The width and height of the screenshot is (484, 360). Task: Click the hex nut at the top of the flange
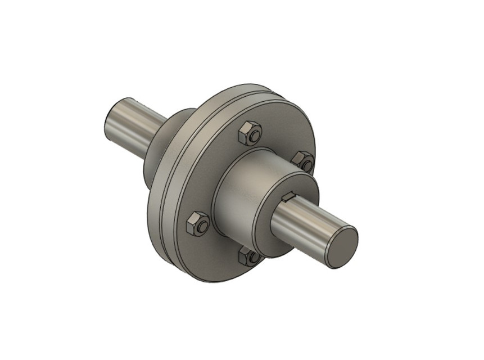(x=248, y=133)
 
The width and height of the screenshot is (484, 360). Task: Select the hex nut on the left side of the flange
(x=196, y=223)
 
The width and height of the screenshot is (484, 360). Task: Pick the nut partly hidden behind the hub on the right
(x=303, y=160)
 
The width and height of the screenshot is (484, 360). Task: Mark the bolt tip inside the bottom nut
(x=251, y=259)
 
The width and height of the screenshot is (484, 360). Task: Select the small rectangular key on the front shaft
(x=288, y=196)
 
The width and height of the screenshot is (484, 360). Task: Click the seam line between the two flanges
(x=159, y=186)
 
